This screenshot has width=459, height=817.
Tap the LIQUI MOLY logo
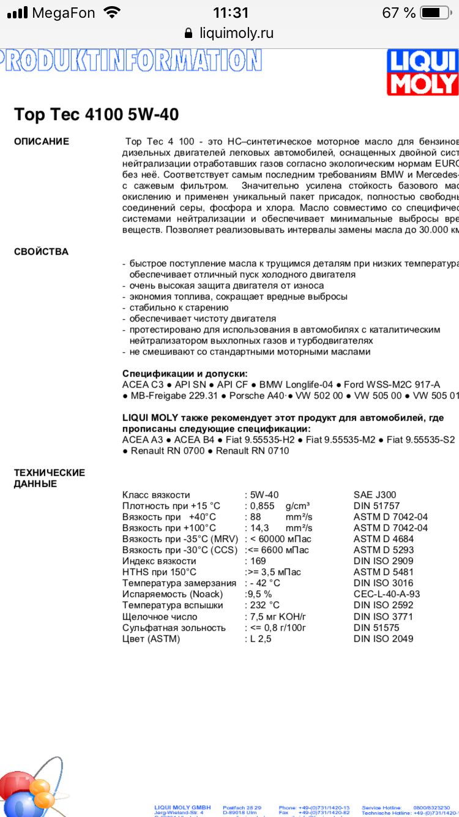tap(423, 72)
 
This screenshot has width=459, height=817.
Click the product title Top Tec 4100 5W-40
tap(97, 115)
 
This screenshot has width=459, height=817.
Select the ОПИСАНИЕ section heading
tap(42, 141)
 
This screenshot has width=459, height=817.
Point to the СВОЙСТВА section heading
tap(41, 252)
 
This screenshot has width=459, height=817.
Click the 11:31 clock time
tap(230, 12)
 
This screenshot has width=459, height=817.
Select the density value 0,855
tap(263, 506)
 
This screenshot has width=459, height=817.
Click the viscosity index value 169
tap(258, 561)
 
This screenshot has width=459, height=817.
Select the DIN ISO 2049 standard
tap(383, 638)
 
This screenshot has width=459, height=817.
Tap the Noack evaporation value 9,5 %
tap(259, 594)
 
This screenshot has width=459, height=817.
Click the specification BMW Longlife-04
tap(296, 385)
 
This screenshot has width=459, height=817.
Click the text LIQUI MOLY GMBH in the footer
tap(183, 808)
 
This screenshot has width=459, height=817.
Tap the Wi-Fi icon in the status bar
tap(112, 12)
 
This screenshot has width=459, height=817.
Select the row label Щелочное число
tap(160, 616)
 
